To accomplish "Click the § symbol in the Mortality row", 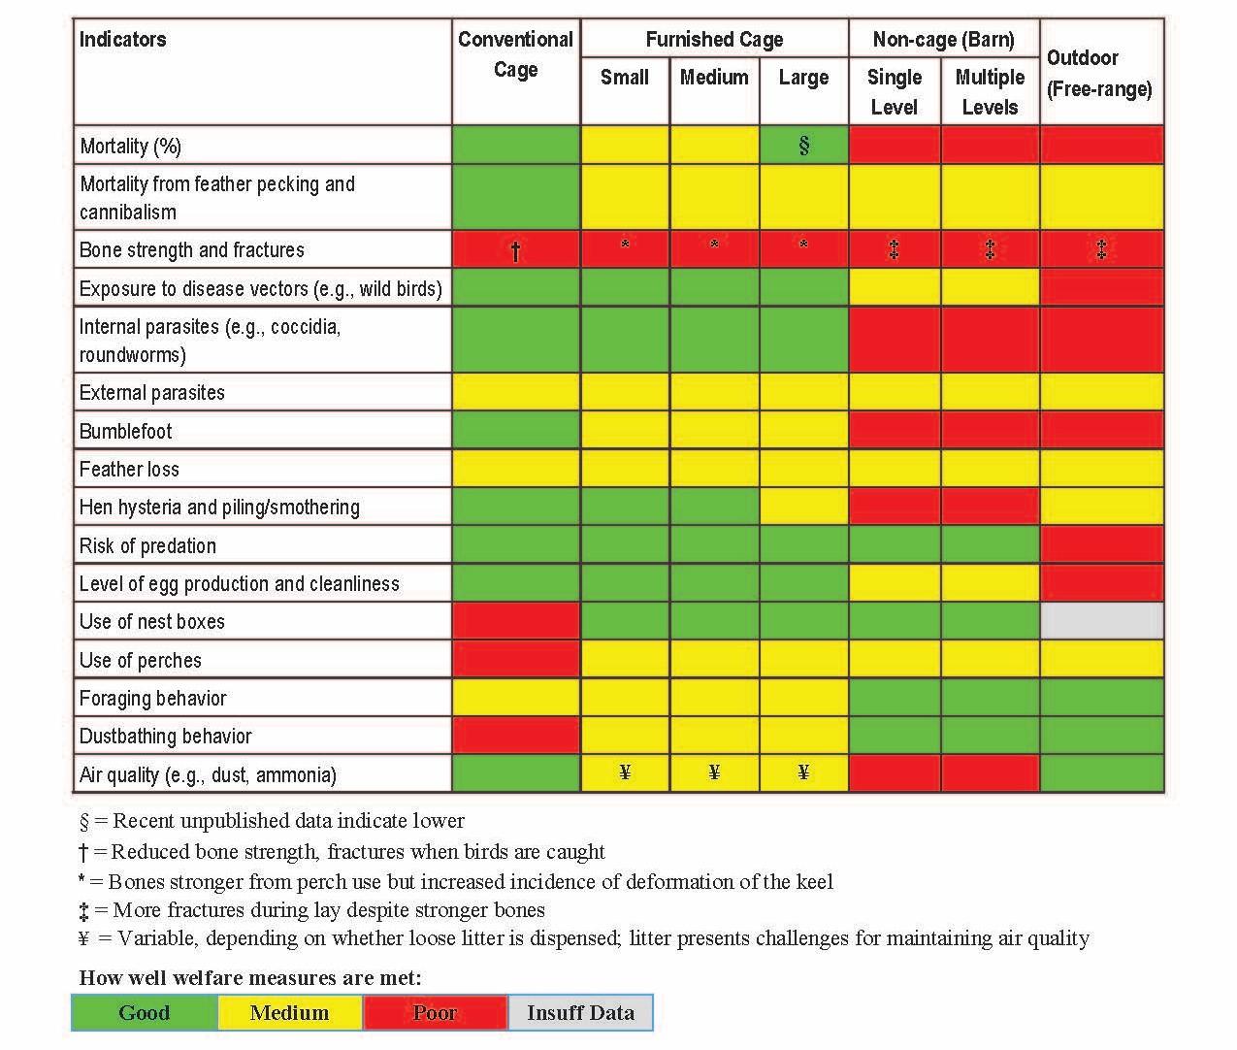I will pos(803,146).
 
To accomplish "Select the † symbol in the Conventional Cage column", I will pos(515,250).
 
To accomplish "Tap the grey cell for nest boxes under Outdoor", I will pos(1101,621).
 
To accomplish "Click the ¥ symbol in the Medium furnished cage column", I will pos(714,772).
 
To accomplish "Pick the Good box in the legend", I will pos(145,1013).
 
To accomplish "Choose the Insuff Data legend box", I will pos(580,1013).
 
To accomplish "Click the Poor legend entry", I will pos(435,1013).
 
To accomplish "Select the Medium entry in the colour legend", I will pos(289,1013).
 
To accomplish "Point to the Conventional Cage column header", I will pos(515,54).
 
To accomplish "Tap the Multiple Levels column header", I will pos(990,92).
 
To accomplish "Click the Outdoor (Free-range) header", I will pos(1099,73).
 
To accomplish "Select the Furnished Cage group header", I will pos(714,40).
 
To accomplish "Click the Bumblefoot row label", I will pos(126,431).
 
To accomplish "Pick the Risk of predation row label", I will pos(147,545).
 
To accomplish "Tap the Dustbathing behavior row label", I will pos(165,737).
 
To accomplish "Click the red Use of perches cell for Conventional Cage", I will pos(515,660).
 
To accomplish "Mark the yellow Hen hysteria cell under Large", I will pos(803,507).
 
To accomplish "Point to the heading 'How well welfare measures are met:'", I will pos(250,977).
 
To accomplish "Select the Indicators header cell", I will pos(123,40).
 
